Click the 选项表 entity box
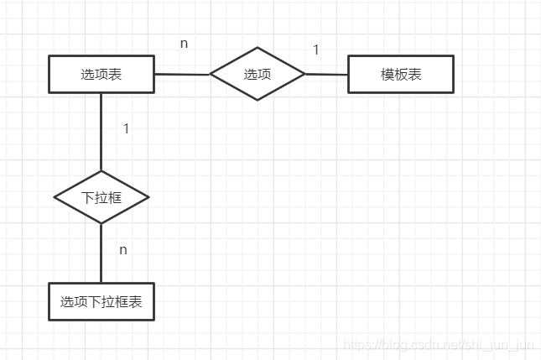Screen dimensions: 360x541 [101, 74]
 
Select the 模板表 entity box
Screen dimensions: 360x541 [401, 74]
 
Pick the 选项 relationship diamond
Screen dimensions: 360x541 [257, 74]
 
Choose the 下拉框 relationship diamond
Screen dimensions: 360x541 [101, 198]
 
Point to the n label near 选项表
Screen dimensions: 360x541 [184, 43]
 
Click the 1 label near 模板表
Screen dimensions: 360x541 [316, 50]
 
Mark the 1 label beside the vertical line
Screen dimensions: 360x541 [126, 129]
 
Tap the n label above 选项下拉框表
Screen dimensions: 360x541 [123, 249]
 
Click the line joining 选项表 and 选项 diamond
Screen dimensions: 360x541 [182, 74]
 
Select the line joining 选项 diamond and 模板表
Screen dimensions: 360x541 [327, 74]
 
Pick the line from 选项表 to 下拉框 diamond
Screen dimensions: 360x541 [101, 132]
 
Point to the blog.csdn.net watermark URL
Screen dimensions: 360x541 [440, 344]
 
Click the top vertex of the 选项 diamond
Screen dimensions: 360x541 [257, 48]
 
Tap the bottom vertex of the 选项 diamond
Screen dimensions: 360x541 [257, 101]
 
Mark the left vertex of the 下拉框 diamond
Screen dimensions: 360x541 [55, 198]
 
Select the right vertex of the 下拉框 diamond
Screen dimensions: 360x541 [148, 198]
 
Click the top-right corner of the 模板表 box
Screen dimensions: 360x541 [453, 56]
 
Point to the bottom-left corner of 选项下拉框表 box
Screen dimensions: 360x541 [49, 320]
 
